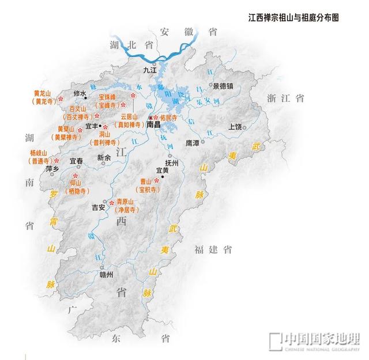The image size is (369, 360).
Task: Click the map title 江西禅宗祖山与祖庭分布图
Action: pyautogui.click(x=293, y=18)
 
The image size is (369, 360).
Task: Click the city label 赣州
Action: pyautogui.click(x=107, y=276)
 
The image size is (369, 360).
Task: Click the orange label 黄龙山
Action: pyautogui.click(x=43, y=93)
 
